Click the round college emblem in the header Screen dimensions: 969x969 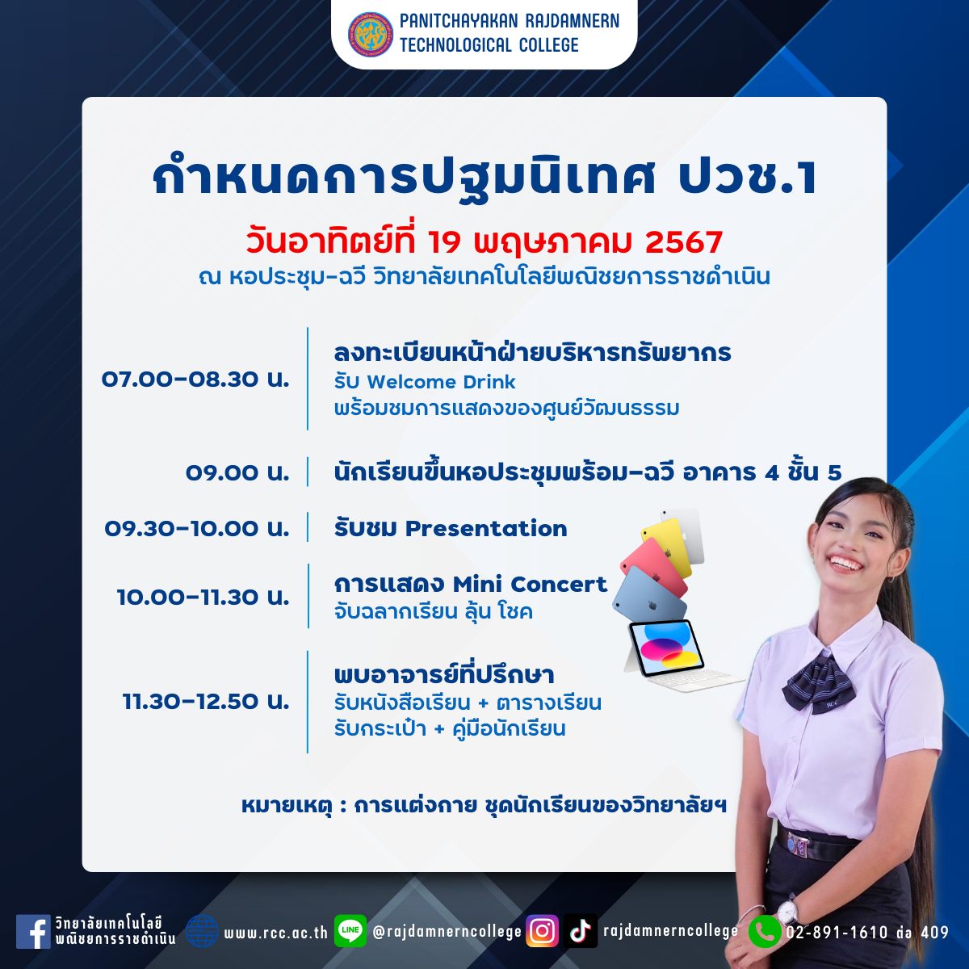[x=371, y=35]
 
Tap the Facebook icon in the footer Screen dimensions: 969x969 [x=33, y=931]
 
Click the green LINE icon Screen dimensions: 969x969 [x=350, y=930]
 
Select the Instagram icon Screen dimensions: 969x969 [x=542, y=931]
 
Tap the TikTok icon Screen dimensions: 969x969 [x=581, y=931]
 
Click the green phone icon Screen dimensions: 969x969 [x=765, y=932]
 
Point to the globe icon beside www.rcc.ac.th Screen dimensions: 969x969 [x=202, y=931]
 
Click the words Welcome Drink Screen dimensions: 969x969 [x=441, y=382]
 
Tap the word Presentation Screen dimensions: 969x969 [x=486, y=528]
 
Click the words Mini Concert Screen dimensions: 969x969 [x=530, y=585]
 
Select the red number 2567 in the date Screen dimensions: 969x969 [x=684, y=242]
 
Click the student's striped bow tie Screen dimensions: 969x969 [x=818, y=682]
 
